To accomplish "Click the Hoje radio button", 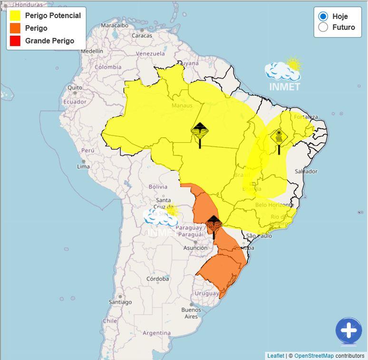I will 323,17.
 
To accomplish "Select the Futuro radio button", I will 323,27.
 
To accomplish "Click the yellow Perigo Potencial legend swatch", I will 15,15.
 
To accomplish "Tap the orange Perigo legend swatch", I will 15,28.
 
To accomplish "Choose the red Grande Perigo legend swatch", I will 15,41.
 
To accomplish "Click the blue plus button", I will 349,330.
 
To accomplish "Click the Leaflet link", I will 276,356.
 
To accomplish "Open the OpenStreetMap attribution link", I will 314,356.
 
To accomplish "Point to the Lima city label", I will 83,166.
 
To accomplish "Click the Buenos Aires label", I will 191,313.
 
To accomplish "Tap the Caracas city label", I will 142,35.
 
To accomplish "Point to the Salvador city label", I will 306,171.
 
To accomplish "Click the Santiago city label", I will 120,302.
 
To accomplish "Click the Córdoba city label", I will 157,279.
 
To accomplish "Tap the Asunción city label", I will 195,248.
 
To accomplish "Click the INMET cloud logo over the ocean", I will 284,74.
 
